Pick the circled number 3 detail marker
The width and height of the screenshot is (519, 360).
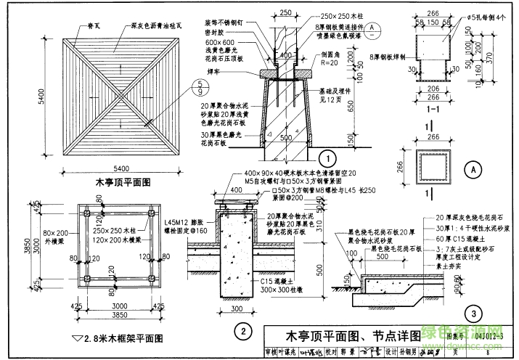coord(473,314)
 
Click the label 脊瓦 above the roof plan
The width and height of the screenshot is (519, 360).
coord(92,25)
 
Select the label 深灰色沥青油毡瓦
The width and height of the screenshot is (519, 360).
coord(156,25)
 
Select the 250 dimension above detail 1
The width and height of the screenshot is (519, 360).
coord(285,13)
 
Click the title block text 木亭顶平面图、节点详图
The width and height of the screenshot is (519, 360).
coord(342,335)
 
